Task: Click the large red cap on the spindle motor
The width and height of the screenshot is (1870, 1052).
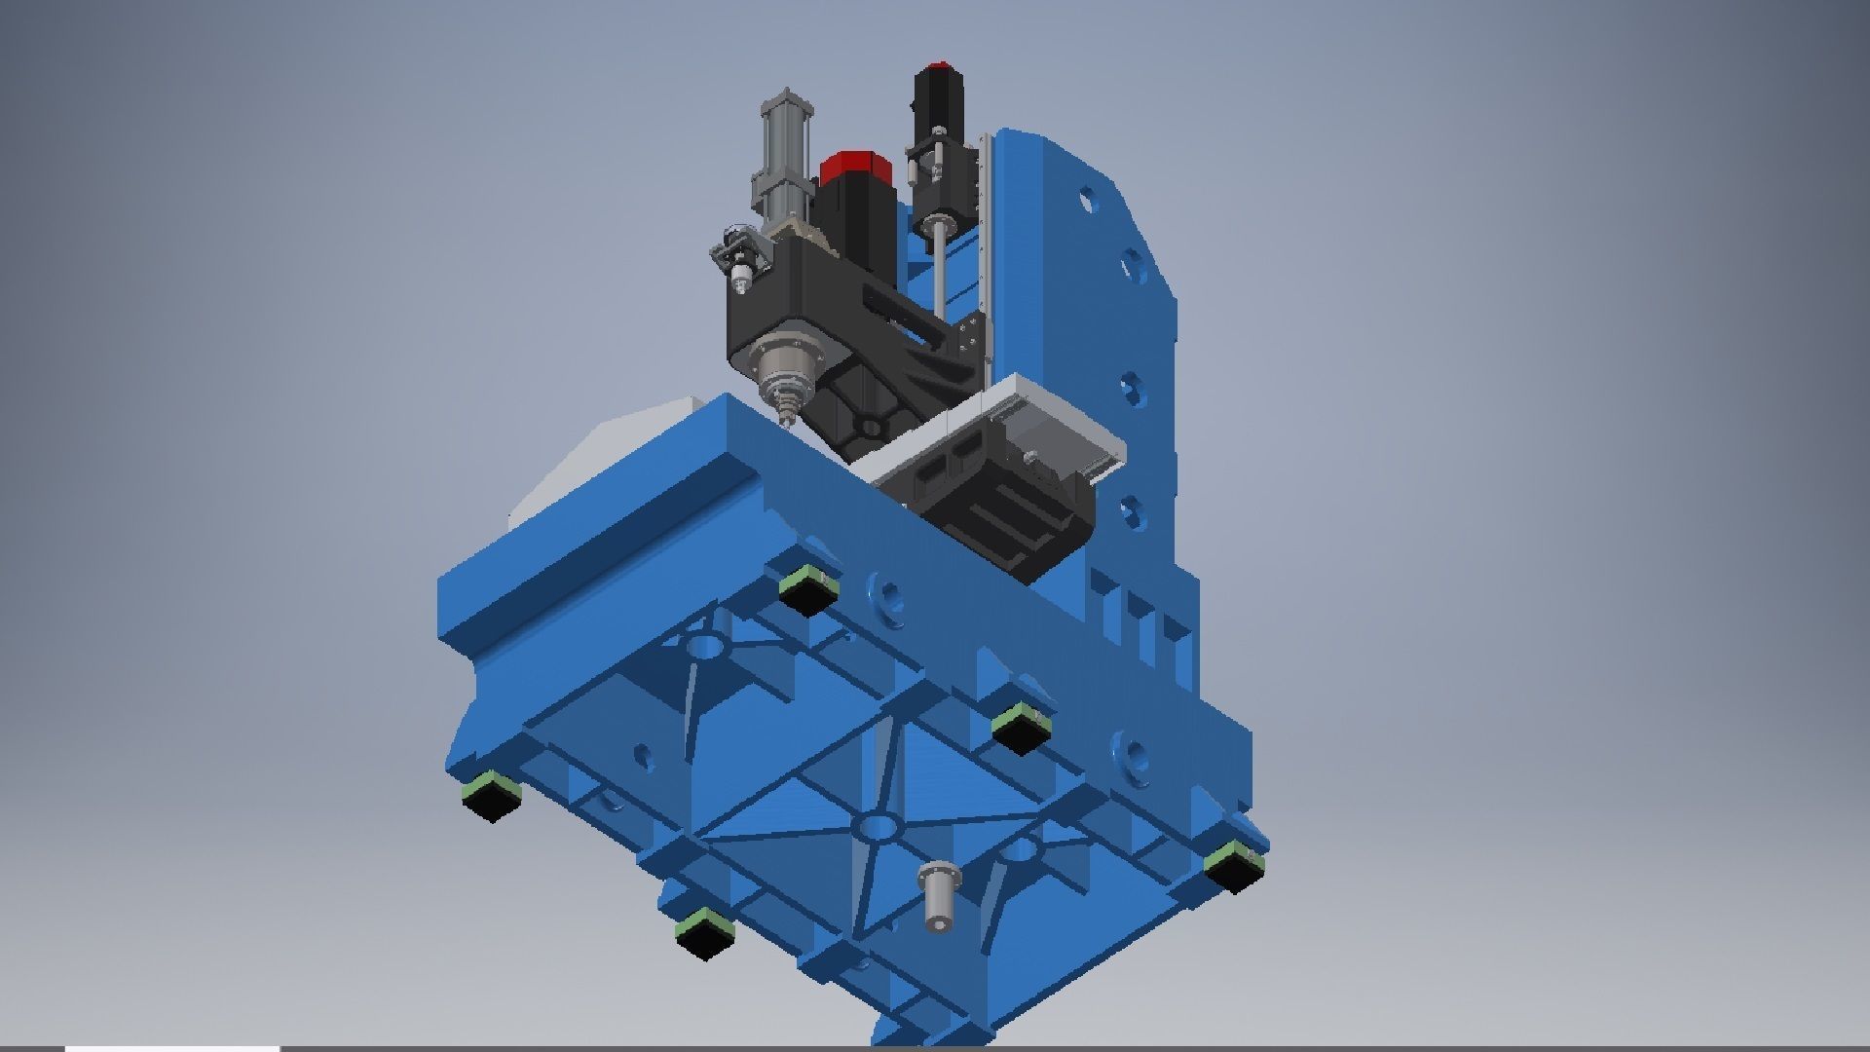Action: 855,169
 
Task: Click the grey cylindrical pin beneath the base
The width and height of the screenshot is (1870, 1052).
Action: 937,895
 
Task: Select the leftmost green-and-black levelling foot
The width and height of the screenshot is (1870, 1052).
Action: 492,795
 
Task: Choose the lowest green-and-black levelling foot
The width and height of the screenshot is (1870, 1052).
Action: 704,932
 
